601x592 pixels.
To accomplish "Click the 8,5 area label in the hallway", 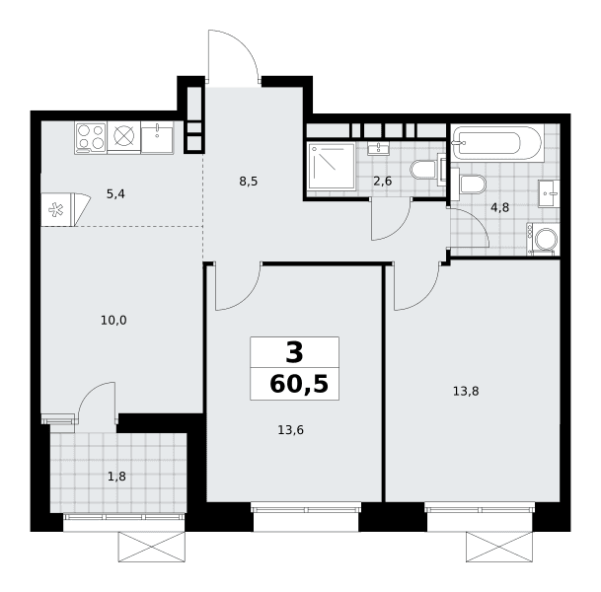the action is point(249,182).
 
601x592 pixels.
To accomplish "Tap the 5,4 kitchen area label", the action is point(115,194).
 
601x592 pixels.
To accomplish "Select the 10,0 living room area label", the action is point(113,320).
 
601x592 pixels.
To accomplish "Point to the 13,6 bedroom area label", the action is point(290,430).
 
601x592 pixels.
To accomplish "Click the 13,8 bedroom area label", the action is point(466,392).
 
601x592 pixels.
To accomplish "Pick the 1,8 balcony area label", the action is point(116,477).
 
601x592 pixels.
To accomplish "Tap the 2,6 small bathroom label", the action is point(383,181).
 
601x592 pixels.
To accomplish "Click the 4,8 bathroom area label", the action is point(499,207).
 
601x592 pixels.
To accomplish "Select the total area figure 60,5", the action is point(299,385).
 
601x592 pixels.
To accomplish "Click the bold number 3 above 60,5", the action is point(294,352).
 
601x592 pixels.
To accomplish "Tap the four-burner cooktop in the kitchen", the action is point(91,137).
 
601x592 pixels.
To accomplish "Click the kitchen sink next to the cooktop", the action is point(157,137).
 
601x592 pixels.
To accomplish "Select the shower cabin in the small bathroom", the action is point(332,166).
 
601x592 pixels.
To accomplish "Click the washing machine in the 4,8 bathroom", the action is point(543,239).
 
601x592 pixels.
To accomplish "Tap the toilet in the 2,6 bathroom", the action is point(427,170).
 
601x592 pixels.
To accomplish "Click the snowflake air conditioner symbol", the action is point(56,210).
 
